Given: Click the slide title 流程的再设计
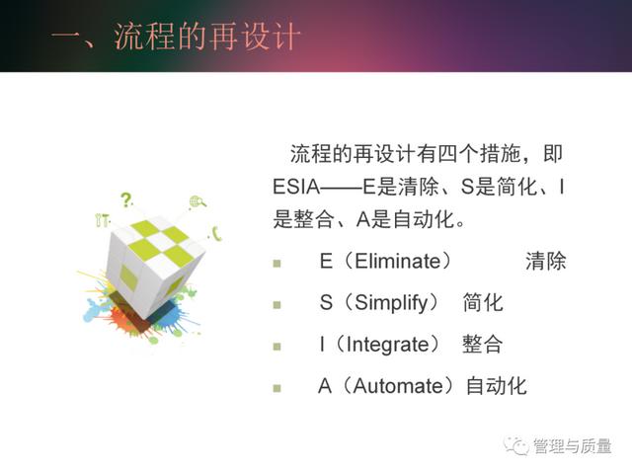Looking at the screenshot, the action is (x=207, y=37).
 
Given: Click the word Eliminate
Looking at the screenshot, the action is (x=398, y=261).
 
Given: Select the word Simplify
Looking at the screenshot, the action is (x=391, y=303).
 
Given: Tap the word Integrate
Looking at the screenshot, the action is (x=387, y=345).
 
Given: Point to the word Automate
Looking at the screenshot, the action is (x=398, y=386).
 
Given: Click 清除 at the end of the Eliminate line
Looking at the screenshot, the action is (x=546, y=261).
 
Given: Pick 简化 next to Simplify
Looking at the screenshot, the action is (x=483, y=303).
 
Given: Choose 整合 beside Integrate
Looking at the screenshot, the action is (x=482, y=345).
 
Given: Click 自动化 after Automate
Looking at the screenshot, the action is (x=496, y=386).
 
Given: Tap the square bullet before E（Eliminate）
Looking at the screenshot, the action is (x=276, y=264).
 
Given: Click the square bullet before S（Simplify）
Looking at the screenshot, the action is (x=276, y=305).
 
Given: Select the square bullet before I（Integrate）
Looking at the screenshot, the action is (x=276, y=347).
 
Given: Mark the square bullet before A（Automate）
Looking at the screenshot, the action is (x=276, y=388).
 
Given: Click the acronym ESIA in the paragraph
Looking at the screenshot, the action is (x=296, y=187).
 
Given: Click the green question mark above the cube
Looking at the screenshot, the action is (x=126, y=199).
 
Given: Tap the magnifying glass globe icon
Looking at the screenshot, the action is (x=197, y=201).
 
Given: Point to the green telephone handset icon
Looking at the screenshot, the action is (x=217, y=233).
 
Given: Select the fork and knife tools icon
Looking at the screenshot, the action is (x=102, y=220).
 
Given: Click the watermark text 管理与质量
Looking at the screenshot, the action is (x=572, y=446).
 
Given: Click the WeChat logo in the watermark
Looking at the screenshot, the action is (x=516, y=445).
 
